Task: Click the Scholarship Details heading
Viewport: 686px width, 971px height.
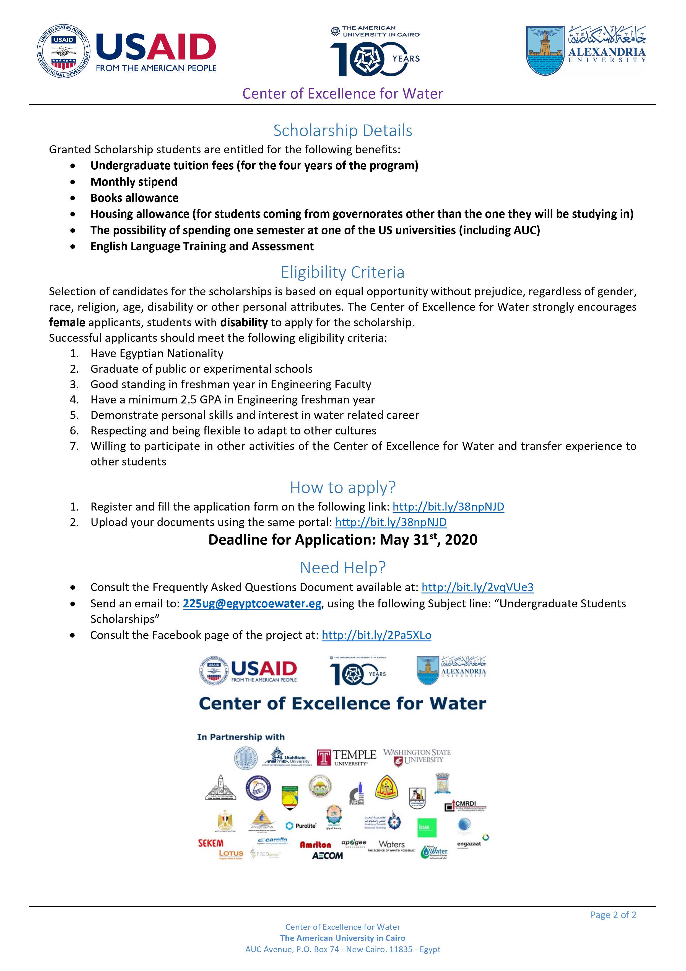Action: [342, 131]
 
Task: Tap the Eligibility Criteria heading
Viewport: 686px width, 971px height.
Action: [342, 272]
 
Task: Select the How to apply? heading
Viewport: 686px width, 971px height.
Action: [342, 488]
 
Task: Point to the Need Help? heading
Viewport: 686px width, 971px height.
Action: [342, 568]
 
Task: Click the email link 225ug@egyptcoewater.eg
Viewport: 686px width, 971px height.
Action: [252, 604]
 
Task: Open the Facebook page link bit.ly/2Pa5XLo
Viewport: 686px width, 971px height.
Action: [376, 635]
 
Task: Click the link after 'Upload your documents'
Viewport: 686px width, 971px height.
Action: [391, 522]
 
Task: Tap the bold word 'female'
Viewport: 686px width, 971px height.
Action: [67, 322]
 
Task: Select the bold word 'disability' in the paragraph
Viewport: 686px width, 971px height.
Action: [244, 322]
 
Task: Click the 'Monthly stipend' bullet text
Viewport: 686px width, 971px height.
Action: [134, 182]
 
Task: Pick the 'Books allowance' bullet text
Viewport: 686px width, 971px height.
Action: [134, 198]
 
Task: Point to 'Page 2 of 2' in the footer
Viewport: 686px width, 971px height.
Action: [613, 915]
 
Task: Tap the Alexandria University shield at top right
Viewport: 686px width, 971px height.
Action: [545, 51]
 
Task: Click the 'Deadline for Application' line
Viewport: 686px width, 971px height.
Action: [342, 540]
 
